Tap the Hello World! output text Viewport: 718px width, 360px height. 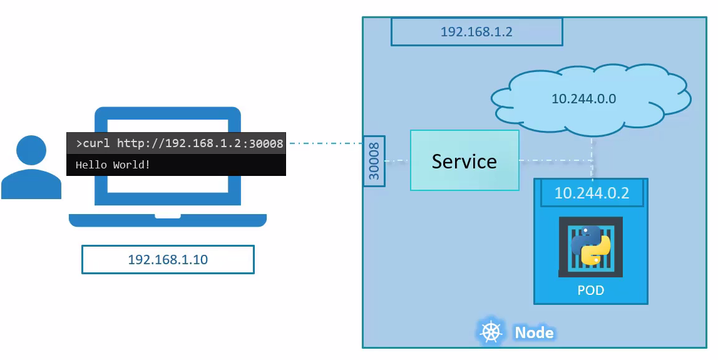pos(113,165)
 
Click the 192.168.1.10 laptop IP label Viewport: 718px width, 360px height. pos(168,259)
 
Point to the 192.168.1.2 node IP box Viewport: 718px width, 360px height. pos(476,32)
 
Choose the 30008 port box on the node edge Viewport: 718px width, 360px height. pos(374,161)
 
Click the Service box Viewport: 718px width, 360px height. pos(464,160)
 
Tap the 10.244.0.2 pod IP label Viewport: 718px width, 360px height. pos(592,193)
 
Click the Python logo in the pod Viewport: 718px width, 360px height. pos(590,246)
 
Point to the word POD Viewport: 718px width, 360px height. pos(590,291)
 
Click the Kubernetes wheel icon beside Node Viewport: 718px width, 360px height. pos(491,332)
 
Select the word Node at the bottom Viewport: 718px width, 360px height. pos(534,332)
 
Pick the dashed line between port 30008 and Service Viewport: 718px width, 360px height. pos(397,161)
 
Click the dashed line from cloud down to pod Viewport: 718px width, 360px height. pos(592,157)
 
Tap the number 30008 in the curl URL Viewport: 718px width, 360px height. pos(267,143)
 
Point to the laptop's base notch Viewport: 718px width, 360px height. pos(168,216)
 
